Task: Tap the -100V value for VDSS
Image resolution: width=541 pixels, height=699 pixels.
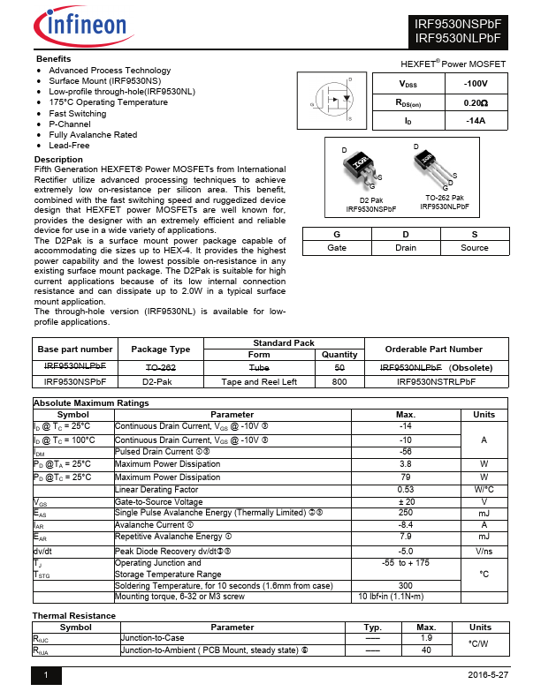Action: pos(475,84)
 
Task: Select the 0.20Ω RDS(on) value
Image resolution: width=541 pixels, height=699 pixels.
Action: pos(475,102)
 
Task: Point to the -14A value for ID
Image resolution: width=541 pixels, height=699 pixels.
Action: pos(475,121)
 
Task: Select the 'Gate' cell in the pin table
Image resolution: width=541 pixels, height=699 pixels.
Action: pos(337,248)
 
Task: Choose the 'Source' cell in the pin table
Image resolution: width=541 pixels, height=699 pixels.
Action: pos(474,248)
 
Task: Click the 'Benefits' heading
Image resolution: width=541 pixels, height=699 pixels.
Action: pos(52,58)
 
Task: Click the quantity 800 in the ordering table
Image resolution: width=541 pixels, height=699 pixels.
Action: pos(339,382)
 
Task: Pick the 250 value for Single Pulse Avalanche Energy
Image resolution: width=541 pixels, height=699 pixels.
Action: pos(406,512)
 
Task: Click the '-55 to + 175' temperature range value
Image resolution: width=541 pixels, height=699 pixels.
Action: pos(406,562)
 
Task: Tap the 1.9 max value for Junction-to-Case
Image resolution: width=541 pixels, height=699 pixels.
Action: pos(426,637)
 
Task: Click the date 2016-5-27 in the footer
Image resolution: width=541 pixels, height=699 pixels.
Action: pos(488,675)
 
